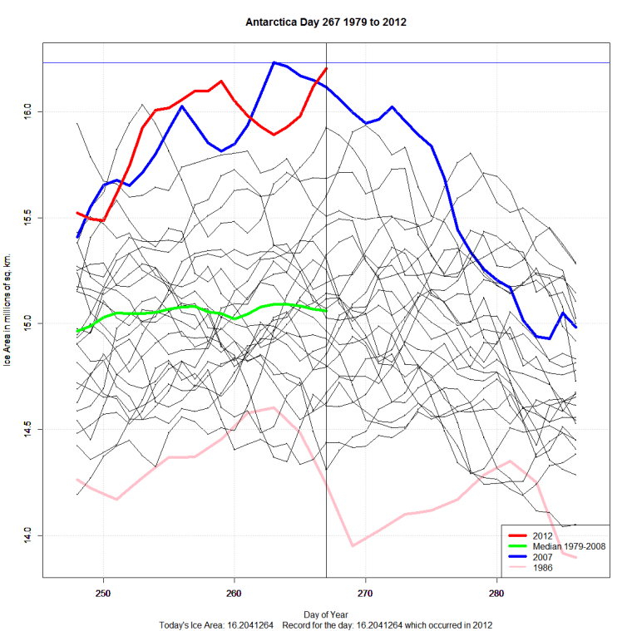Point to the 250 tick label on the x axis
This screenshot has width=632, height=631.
tap(103, 593)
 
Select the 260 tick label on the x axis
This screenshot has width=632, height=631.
tap(235, 593)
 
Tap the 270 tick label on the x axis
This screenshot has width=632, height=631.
tap(365, 593)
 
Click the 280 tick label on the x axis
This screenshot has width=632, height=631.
tap(496, 593)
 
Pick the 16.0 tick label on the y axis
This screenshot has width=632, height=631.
tap(27, 111)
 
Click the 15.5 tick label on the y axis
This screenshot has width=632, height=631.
tap(27, 217)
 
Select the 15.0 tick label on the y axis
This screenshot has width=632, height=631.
tap(27, 323)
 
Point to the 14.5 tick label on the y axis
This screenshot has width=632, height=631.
tap(27, 429)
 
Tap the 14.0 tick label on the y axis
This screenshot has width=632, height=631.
tap(27, 535)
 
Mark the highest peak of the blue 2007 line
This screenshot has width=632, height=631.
tap(274, 62)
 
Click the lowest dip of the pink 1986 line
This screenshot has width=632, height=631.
tap(353, 545)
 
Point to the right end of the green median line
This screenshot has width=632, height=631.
tap(326, 310)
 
